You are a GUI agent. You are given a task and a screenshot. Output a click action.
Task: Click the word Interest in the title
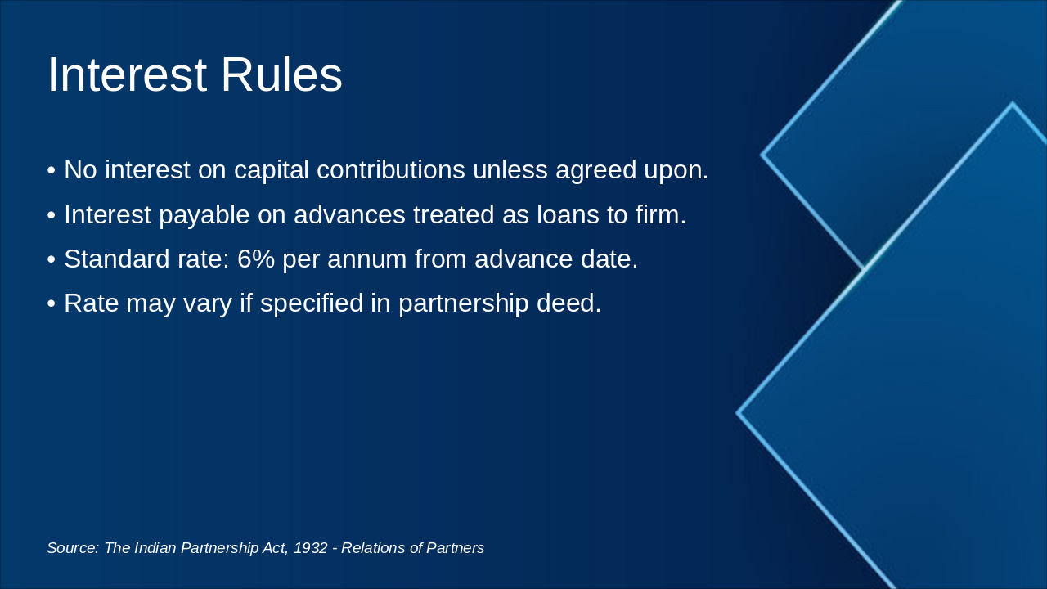(127, 74)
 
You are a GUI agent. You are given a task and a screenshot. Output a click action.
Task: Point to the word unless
(510, 170)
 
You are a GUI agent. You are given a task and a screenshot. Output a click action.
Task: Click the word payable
(201, 215)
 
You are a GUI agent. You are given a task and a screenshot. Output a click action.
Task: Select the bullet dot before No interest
(52, 171)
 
